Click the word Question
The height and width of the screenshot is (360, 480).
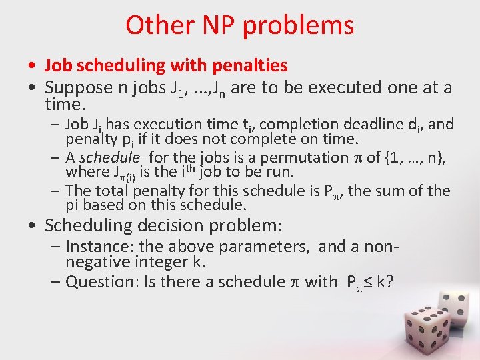(x=96, y=282)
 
